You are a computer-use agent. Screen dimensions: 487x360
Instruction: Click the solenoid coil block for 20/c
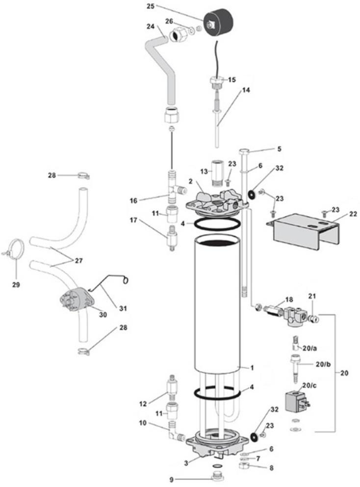coord(295,402)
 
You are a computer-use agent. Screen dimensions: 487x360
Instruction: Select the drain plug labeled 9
coord(216,477)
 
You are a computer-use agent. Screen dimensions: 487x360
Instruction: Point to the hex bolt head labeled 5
coord(245,151)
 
